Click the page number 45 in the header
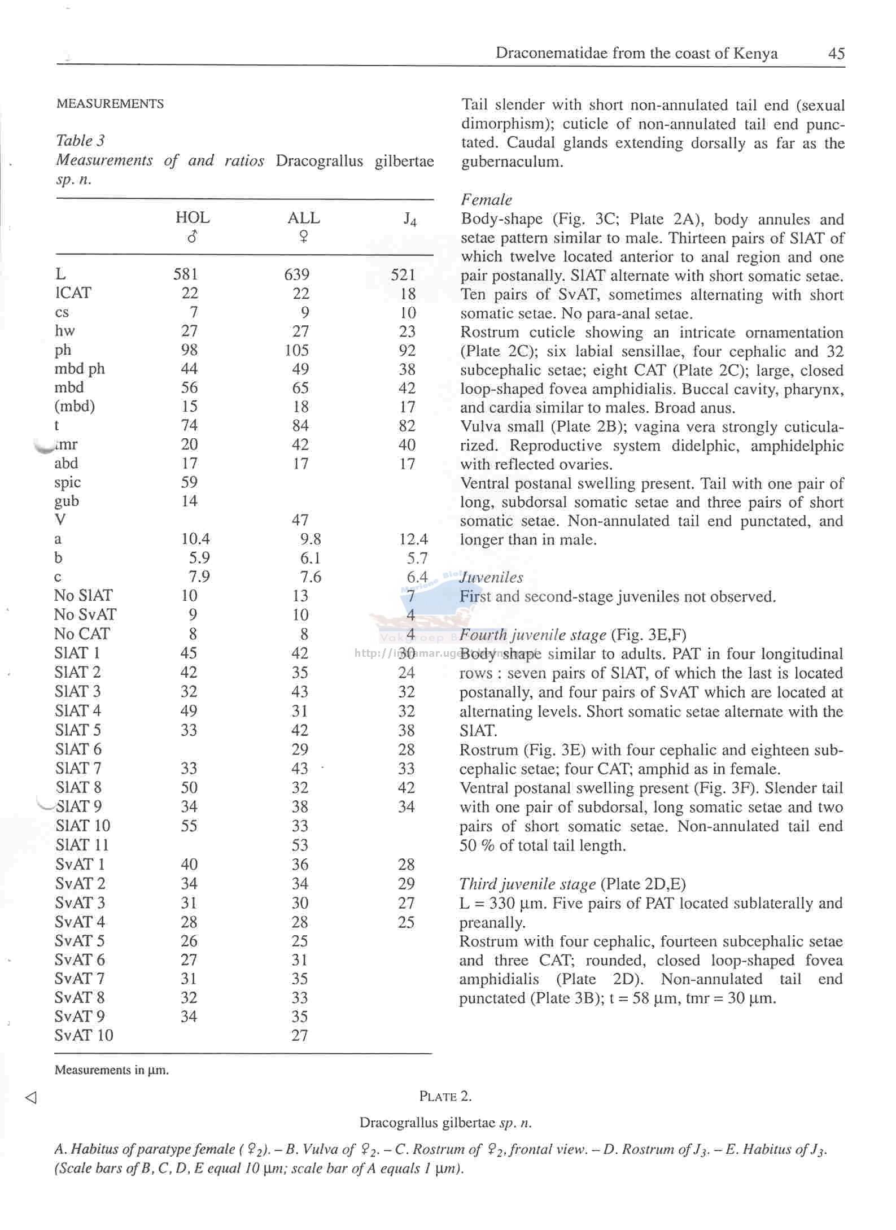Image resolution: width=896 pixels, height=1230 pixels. (x=836, y=54)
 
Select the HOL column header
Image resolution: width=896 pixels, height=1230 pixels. (x=193, y=217)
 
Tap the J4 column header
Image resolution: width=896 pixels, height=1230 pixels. (x=410, y=219)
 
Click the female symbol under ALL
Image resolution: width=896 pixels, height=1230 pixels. (x=303, y=237)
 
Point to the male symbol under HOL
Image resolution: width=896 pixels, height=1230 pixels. (x=192, y=237)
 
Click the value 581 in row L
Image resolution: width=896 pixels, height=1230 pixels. (x=185, y=274)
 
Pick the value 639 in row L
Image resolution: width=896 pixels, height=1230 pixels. (x=296, y=274)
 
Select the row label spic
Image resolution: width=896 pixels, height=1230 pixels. (x=68, y=482)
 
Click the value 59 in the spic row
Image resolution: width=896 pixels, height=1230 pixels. (x=189, y=482)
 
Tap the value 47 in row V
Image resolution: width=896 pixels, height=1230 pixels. (x=300, y=520)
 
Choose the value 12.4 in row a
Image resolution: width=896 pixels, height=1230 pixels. (x=413, y=539)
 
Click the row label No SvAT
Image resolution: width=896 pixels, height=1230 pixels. (x=85, y=614)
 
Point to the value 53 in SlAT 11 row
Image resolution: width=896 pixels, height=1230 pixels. (x=300, y=845)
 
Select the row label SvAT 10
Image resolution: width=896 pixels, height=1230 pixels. (x=84, y=1035)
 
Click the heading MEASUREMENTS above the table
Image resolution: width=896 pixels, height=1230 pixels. (x=110, y=104)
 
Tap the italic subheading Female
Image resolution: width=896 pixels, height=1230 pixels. (x=486, y=200)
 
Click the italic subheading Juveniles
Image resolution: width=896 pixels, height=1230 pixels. (x=491, y=577)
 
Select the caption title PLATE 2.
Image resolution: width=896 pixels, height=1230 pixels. (x=445, y=1096)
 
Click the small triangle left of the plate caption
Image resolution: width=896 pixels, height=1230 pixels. (x=31, y=1097)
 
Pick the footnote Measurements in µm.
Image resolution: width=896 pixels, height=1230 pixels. (x=112, y=1070)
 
